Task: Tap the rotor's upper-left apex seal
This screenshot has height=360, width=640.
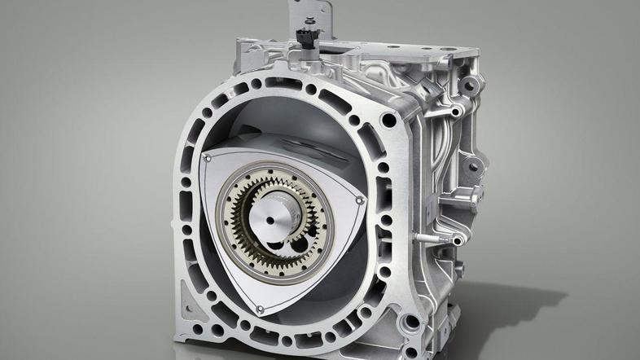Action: [207, 156]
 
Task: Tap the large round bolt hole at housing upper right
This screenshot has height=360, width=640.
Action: [389, 121]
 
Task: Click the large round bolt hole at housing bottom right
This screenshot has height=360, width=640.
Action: [412, 322]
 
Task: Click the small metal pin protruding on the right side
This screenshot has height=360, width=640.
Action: [425, 239]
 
